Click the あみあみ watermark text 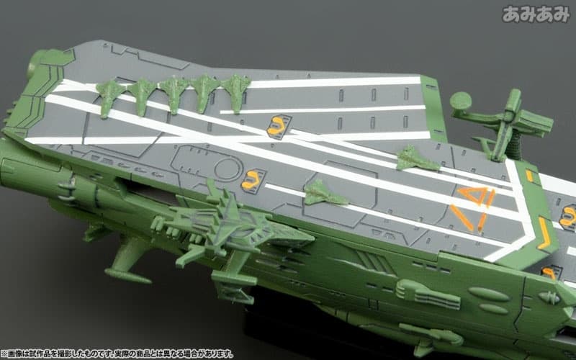[x=536, y=14]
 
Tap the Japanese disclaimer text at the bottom [x=117, y=354]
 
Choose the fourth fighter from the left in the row [x=205, y=93]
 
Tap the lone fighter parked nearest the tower [x=417, y=159]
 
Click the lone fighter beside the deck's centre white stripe [x=325, y=193]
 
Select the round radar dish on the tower [x=461, y=102]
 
